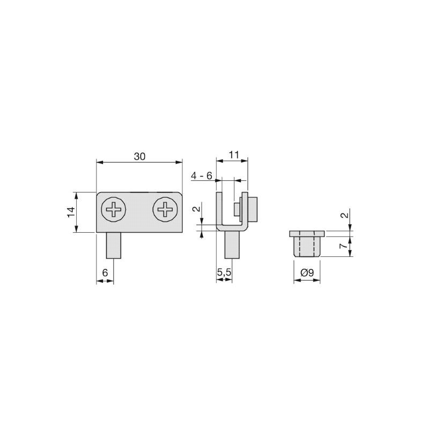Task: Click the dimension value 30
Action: [139, 157]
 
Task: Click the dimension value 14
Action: [71, 212]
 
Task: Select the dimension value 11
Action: [234, 155]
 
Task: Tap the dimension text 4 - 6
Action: [202, 176]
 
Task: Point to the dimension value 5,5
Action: [224, 272]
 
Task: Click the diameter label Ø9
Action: [307, 272]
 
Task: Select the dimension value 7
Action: [344, 246]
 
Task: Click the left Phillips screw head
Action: [114, 210]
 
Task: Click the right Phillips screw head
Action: [165, 210]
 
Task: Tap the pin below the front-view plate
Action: [114, 246]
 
